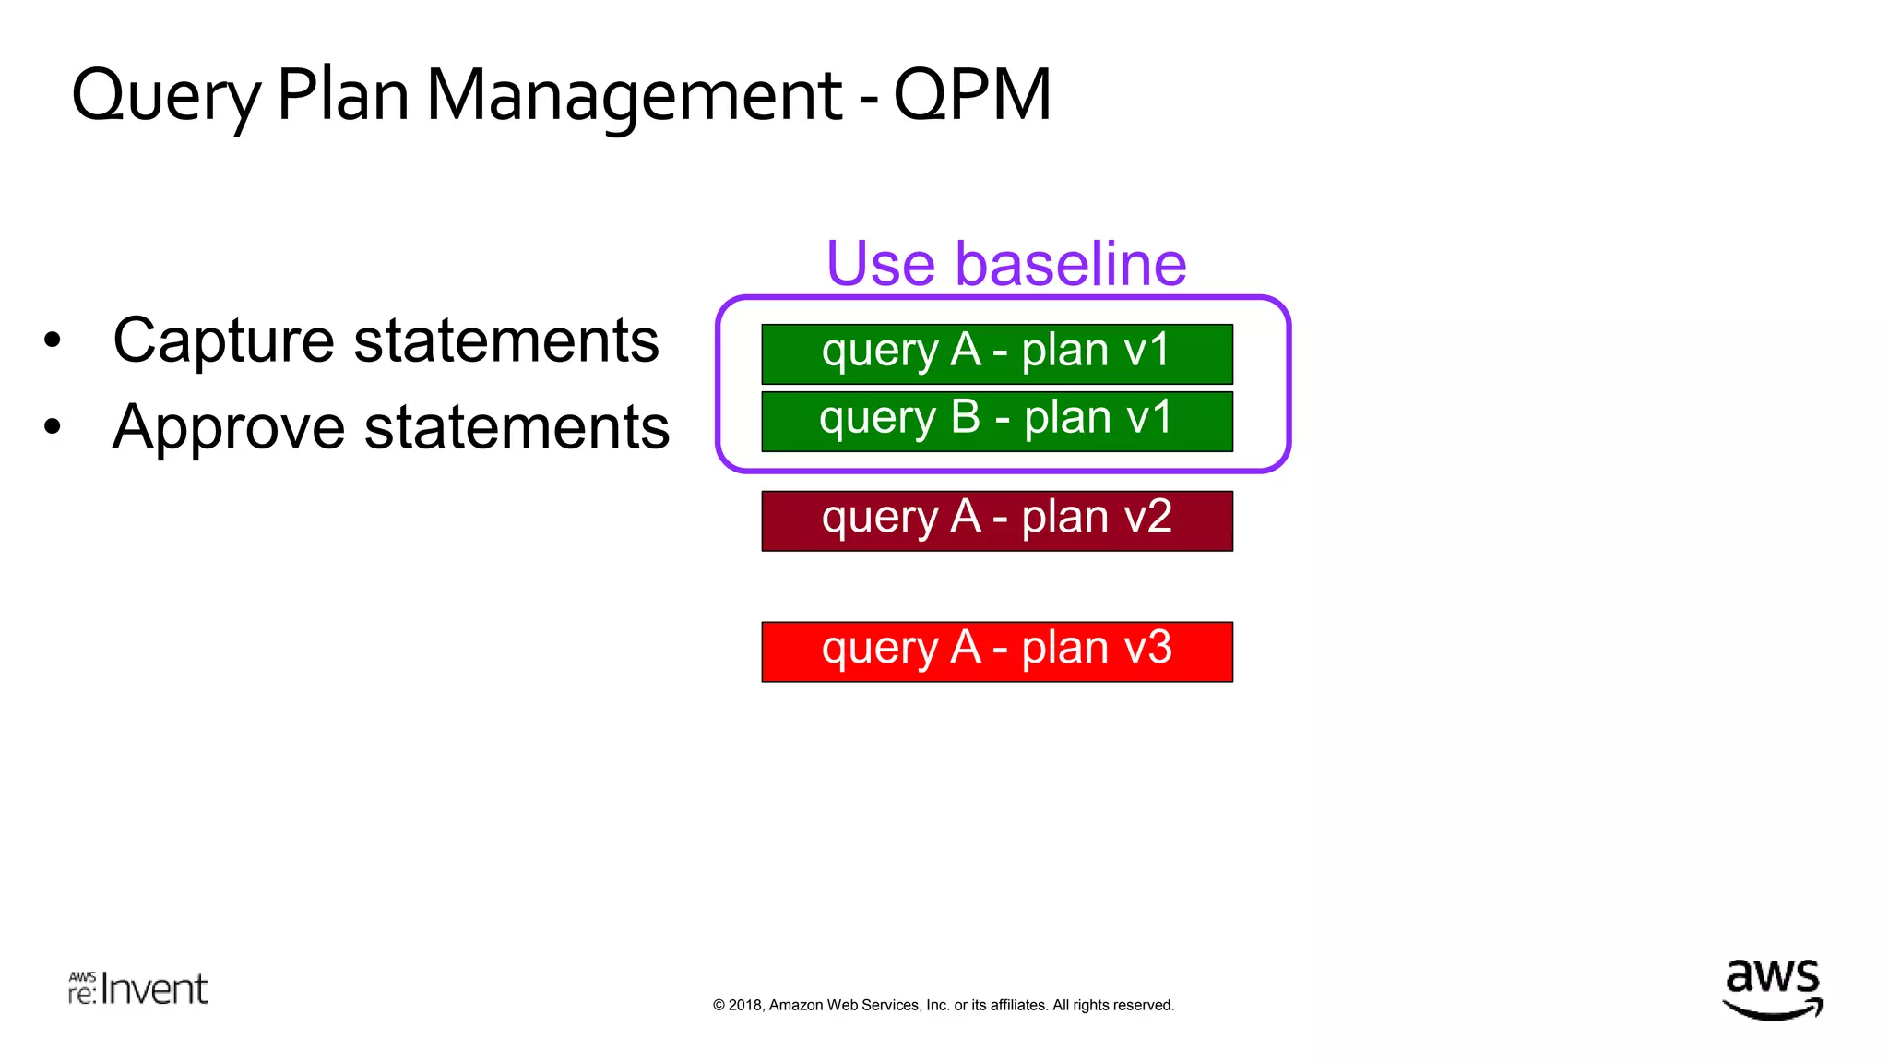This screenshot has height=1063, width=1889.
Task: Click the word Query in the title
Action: [166, 96]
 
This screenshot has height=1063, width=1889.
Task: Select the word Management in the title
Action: [634, 96]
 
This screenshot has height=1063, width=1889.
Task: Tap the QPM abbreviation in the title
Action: [972, 96]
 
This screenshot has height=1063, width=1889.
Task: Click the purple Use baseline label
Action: [1005, 264]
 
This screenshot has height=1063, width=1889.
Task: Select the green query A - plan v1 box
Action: [996, 353]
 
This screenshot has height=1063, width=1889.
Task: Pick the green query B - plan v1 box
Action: [996, 421]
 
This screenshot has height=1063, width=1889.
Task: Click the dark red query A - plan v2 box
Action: [996, 520]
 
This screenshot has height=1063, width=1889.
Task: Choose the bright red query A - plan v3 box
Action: [996, 651]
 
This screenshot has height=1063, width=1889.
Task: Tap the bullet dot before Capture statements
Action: [53, 340]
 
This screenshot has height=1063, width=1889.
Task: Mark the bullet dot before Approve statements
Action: [53, 427]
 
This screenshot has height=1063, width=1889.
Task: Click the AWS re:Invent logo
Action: [138, 988]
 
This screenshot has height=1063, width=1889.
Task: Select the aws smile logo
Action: [1772, 989]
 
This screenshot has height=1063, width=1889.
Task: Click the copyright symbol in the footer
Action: [719, 1006]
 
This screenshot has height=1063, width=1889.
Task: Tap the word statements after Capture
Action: [506, 341]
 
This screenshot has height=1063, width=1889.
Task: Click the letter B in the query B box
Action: [966, 417]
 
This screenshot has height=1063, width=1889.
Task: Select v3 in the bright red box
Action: [1147, 648]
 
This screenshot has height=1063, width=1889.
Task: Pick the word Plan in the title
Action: [342, 96]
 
